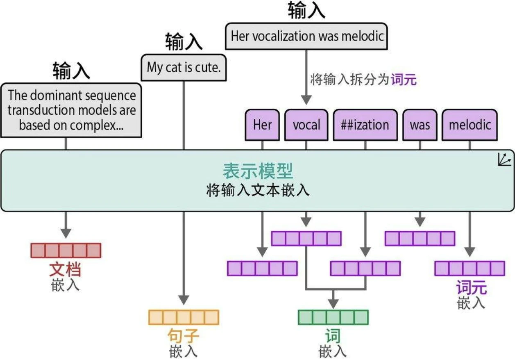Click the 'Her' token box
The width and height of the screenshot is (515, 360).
pos(262,125)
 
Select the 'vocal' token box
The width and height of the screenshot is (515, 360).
pos(306,125)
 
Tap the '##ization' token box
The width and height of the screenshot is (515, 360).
pos(365,125)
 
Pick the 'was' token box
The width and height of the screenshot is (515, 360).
pos(420,125)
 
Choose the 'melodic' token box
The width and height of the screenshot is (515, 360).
pos(470,125)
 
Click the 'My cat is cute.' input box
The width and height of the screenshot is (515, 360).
pos(184,68)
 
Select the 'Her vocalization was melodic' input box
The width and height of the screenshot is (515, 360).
pos(306,36)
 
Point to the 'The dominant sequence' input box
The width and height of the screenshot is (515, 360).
pos(72,110)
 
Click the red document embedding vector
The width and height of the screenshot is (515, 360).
pos(66,250)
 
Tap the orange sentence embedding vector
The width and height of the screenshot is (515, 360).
pos(184,317)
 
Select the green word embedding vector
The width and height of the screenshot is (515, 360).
pos(333,317)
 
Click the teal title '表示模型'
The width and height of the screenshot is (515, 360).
pos(258,171)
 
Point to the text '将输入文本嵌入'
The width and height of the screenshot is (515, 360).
pos(258,191)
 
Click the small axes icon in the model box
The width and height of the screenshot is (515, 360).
pos(504,159)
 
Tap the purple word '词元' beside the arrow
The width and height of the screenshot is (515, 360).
pos(404,79)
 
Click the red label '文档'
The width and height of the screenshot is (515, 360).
pos(65,270)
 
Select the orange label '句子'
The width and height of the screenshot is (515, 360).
pos(184,337)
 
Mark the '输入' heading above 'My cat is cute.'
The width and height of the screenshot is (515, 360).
pos(184,42)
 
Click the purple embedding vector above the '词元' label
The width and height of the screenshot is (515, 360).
pos(470,269)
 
